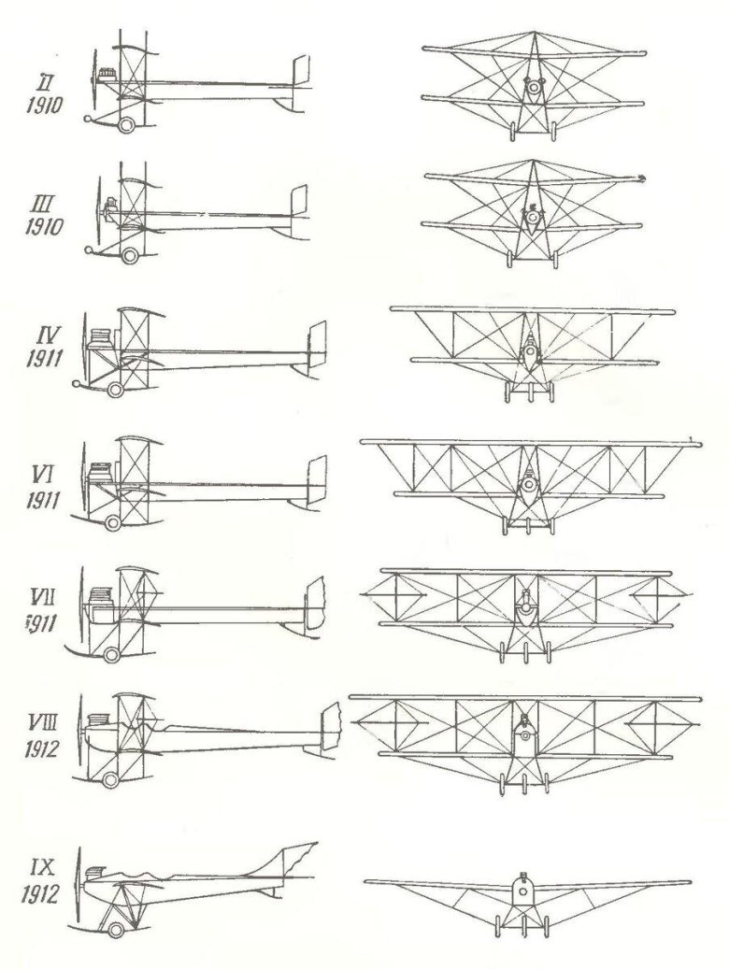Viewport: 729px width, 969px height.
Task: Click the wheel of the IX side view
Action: (x=115, y=929)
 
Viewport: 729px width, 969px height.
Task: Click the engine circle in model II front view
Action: (x=533, y=90)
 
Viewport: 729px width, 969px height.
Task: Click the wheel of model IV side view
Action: (x=115, y=389)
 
